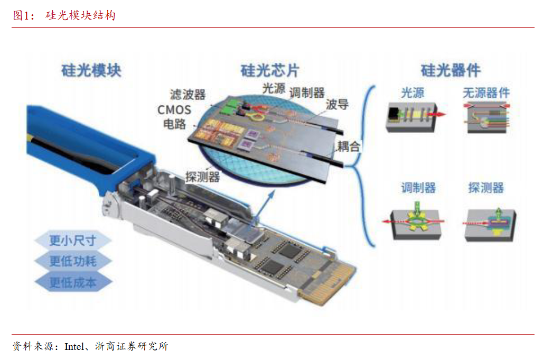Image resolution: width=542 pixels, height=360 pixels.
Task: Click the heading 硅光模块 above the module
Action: (x=91, y=70)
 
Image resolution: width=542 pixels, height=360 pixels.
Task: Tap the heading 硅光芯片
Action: (x=270, y=70)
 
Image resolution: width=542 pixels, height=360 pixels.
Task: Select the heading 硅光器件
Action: (x=451, y=70)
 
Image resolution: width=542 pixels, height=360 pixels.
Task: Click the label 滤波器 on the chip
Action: (x=188, y=95)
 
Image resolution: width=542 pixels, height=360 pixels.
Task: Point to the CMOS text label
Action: (x=174, y=110)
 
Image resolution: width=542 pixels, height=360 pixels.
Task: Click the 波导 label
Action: (x=337, y=104)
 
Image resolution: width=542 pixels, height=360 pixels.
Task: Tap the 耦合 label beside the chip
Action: (x=349, y=146)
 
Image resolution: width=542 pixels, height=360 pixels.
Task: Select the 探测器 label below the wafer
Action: (x=202, y=177)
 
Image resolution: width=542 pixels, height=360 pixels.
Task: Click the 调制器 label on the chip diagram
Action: (x=307, y=93)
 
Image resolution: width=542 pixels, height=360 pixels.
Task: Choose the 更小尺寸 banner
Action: (x=72, y=240)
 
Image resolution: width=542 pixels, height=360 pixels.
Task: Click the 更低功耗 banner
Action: (x=72, y=261)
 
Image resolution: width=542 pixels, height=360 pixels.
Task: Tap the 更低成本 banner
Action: (x=72, y=282)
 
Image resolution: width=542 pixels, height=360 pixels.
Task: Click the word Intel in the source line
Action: (x=74, y=346)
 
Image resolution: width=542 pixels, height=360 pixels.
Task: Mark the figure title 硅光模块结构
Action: (x=80, y=15)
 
